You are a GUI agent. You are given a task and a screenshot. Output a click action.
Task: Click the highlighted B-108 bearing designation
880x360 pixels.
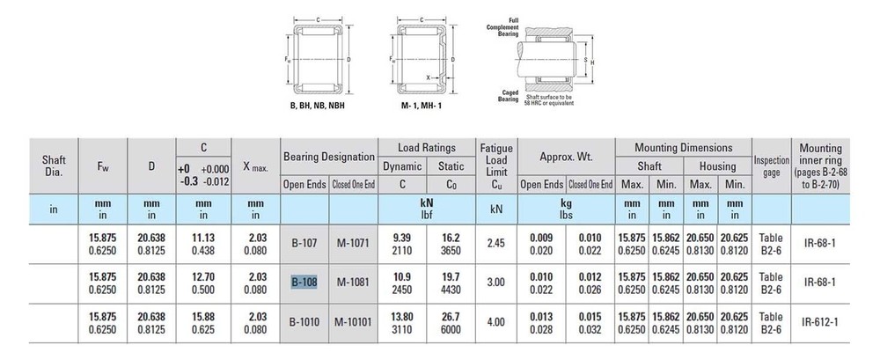point(304,282)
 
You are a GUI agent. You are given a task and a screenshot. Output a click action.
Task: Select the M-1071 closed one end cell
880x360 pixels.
point(353,243)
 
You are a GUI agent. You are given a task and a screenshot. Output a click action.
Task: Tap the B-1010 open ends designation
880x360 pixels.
point(304,322)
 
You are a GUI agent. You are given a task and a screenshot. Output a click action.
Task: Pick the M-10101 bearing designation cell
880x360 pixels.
point(353,322)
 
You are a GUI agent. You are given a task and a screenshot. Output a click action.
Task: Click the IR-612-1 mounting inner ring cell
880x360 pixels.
point(820,322)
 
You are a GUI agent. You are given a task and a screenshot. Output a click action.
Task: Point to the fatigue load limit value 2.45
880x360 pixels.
point(495,243)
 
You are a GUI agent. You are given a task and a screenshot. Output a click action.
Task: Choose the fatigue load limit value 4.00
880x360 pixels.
point(495,322)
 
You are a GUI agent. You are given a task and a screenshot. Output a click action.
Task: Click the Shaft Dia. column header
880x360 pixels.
point(54,165)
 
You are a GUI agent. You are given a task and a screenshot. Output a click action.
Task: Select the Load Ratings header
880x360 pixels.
point(427,148)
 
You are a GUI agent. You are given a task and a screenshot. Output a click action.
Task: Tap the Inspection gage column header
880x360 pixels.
point(771,166)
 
